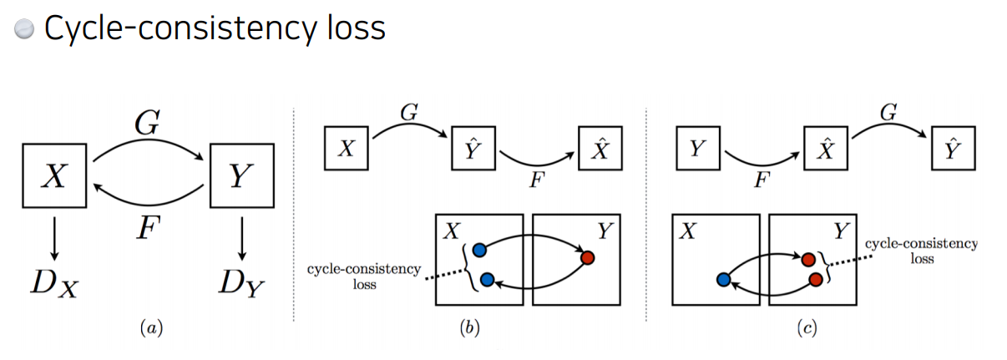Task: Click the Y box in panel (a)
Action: (241, 176)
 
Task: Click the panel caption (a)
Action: (149, 329)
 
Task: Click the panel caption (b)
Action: (470, 329)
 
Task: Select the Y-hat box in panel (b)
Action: (473, 150)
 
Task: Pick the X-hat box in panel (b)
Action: (601, 150)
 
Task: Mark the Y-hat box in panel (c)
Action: (954, 150)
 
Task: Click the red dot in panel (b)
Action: (587, 257)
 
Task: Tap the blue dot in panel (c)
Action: (724, 279)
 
